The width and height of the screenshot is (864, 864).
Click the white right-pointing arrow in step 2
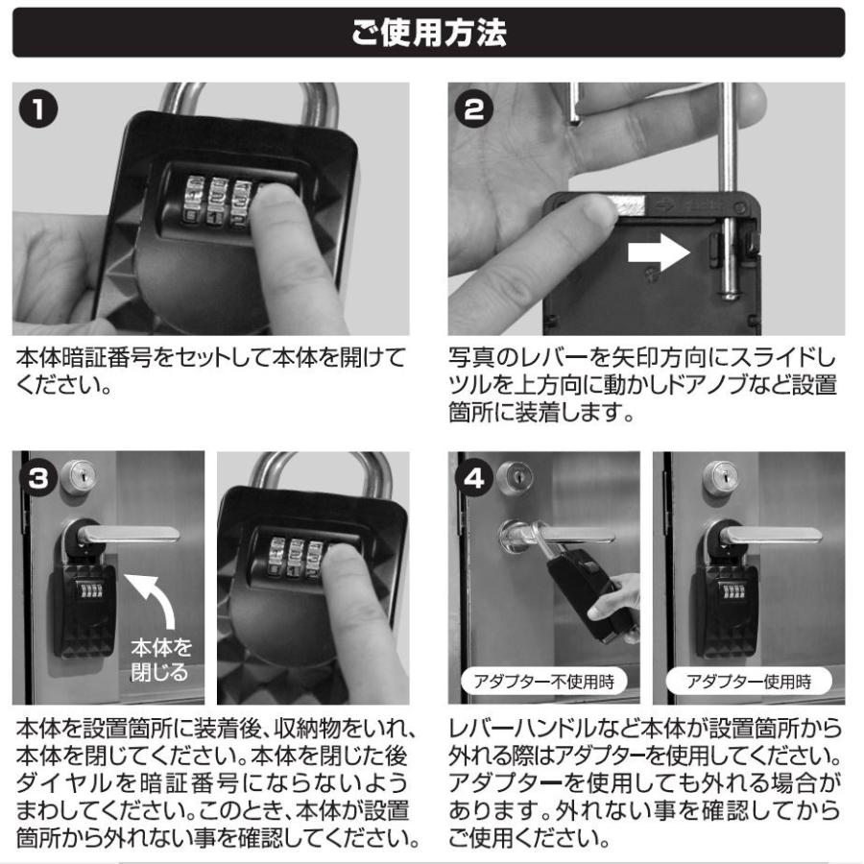coord(655,252)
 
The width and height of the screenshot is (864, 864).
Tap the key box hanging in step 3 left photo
coord(84,605)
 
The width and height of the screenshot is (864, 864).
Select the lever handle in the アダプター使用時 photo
coord(768,535)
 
